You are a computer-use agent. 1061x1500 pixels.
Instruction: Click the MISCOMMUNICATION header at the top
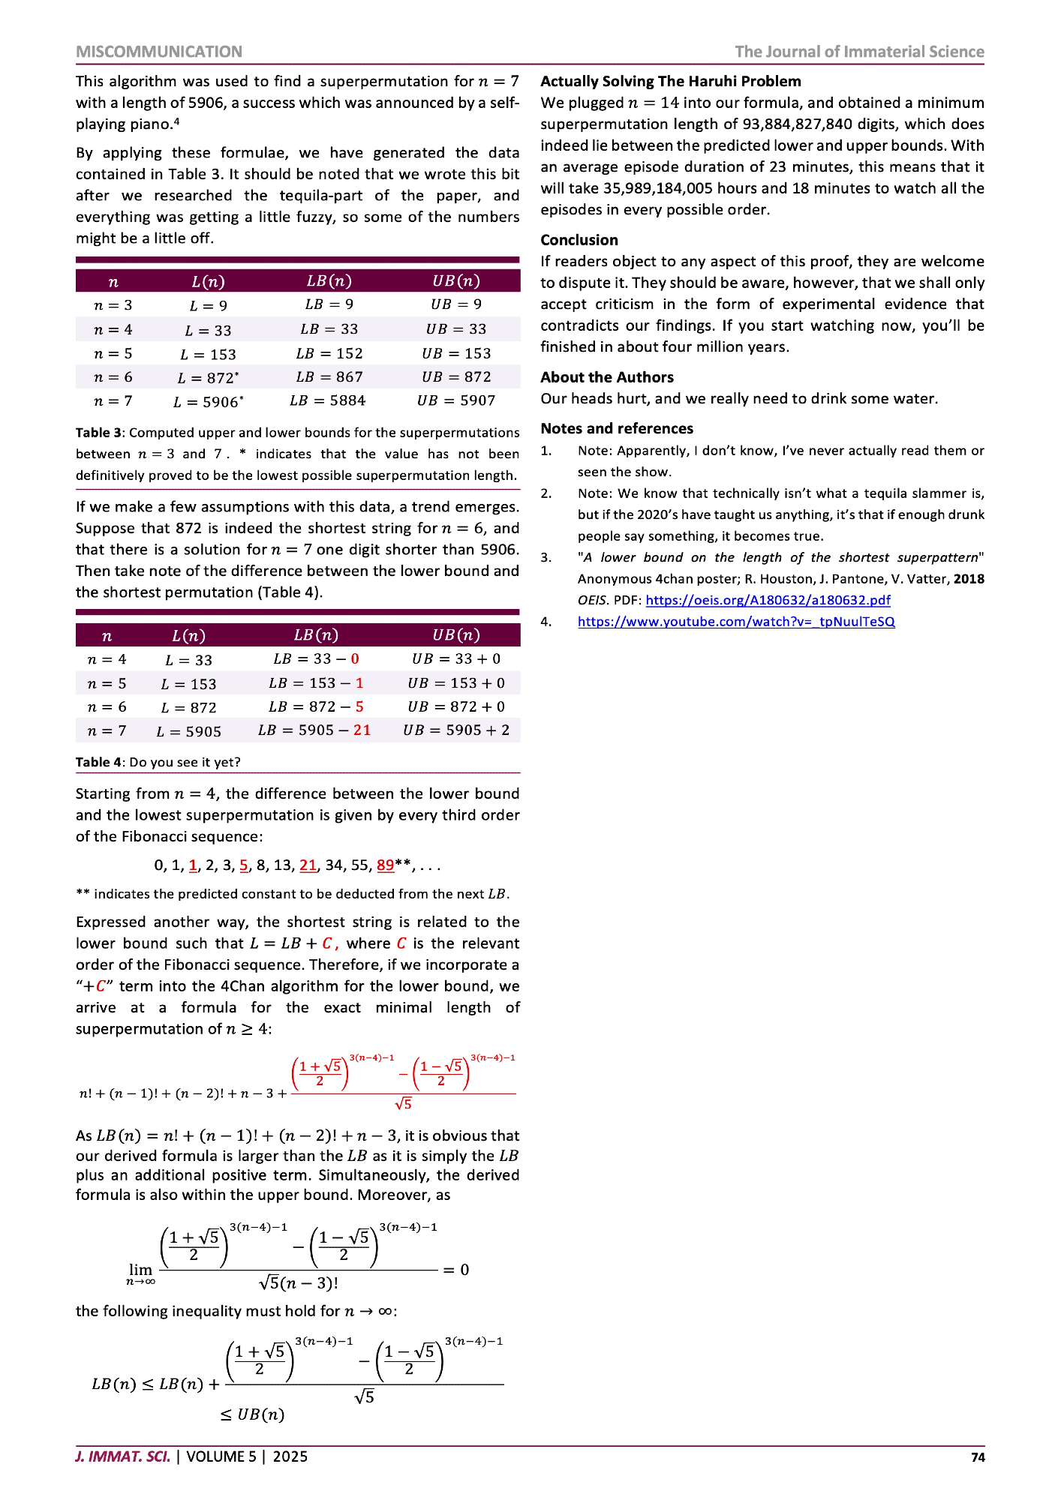pos(158,52)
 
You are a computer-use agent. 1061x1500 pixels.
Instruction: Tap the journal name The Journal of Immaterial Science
pos(859,52)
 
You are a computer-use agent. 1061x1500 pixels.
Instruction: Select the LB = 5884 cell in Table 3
pos(328,400)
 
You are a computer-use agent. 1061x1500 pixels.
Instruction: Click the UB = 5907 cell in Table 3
pos(456,400)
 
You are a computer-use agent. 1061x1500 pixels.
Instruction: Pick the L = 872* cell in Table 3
pos(208,378)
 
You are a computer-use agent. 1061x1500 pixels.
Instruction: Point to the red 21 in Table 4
pos(362,730)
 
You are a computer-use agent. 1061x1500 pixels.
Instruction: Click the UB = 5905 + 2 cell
pos(456,730)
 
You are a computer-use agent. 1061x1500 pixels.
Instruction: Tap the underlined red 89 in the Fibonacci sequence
pos(385,865)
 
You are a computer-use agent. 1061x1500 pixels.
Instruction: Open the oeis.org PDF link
pos(768,600)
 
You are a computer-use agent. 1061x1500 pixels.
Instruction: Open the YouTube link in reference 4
pos(736,622)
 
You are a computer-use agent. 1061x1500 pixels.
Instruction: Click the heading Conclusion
pos(579,240)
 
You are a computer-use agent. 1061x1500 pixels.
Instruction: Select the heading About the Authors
pos(607,377)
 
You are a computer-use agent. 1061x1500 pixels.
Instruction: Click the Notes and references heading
pos(617,428)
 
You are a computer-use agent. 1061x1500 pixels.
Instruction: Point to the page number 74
pos(977,1457)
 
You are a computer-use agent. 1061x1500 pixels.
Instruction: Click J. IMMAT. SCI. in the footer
pos(123,1456)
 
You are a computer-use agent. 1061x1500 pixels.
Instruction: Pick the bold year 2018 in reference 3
pos(969,579)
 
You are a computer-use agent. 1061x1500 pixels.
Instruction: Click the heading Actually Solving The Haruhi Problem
pos(671,82)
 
